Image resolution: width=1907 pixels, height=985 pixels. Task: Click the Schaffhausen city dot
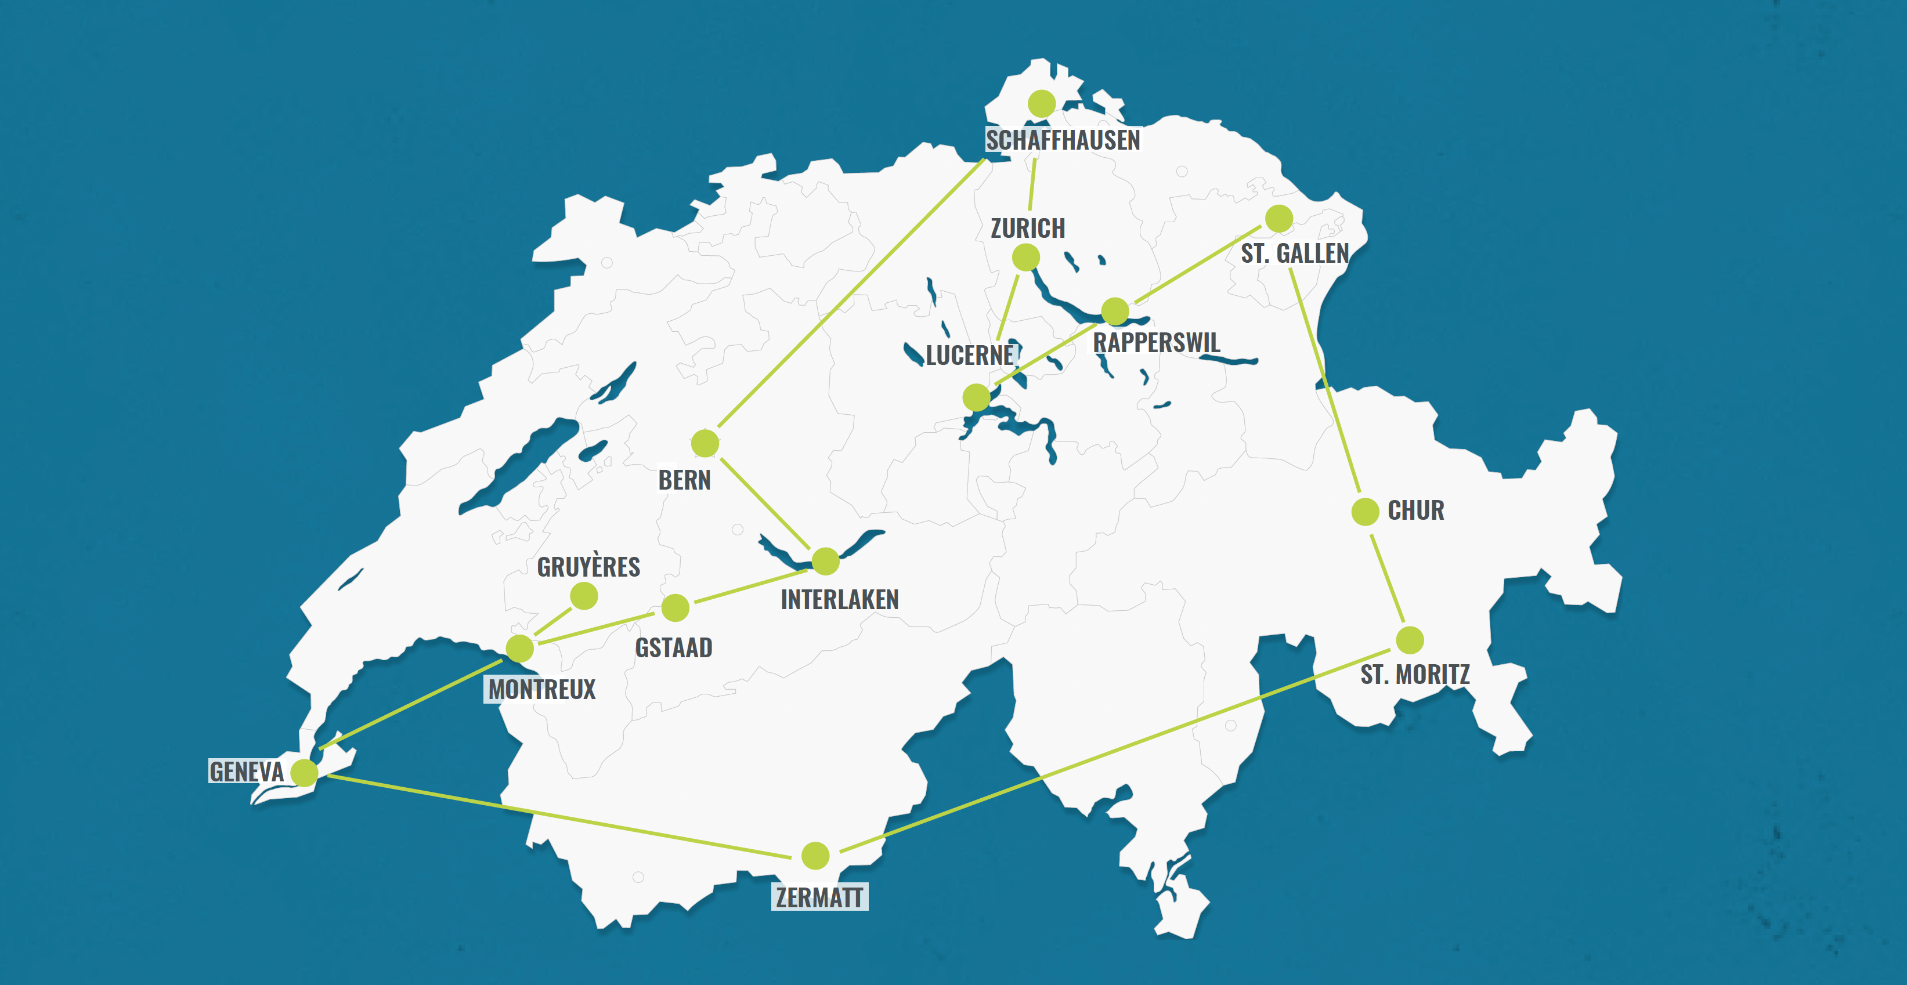tap(1042, 104)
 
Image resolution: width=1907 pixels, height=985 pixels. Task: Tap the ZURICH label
tap(1028, 229)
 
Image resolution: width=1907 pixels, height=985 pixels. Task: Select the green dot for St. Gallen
tap(1278, 219)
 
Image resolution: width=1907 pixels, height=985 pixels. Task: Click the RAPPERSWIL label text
tap(1157, 343)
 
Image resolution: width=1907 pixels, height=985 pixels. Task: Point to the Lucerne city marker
tap(977, 397)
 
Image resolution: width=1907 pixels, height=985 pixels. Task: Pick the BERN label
tap(684, 480)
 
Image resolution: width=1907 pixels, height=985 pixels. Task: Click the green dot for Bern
tap(705, 443)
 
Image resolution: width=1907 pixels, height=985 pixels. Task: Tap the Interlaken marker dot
tap(825, 561)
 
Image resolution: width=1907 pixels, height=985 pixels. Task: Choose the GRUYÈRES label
tap(588, 567)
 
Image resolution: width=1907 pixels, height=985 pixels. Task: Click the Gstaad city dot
tap(675, 607)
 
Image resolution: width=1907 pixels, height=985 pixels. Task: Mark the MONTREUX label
tap(541, 690)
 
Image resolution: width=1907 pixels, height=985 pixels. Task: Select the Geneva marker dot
tap(304, 773)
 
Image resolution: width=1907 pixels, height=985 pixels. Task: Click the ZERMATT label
tap(819, 897)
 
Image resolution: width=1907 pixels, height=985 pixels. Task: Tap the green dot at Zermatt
tap(815, 856)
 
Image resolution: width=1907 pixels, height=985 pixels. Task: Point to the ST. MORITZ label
tap(1415, 675)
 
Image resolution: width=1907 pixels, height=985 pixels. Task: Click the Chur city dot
tap(1365, 512)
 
